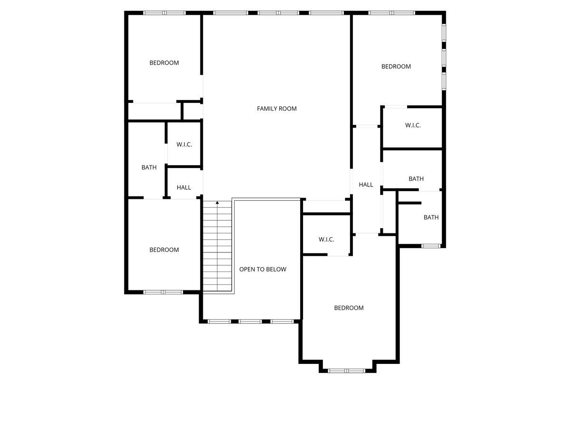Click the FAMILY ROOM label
(276, 109)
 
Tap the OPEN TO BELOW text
(263, 269)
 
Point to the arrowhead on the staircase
(218, 203)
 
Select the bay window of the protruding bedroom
(346, 370)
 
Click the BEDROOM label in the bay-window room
(349, 308)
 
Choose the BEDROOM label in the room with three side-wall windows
(396, 66)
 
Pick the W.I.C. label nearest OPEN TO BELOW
(326, 240)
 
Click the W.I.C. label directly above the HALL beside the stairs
(184, 145)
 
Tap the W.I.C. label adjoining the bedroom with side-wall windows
(413, 126)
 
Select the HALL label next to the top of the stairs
(184, 187)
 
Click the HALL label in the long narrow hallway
(366, 185)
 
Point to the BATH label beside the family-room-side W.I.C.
(149, 167)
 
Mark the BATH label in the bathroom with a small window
(431, 217)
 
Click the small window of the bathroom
(431, 246)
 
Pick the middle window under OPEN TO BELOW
(250, 321)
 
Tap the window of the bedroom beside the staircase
(163, 292)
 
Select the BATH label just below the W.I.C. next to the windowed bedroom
(416, 179)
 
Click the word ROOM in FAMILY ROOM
(287, 109)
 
